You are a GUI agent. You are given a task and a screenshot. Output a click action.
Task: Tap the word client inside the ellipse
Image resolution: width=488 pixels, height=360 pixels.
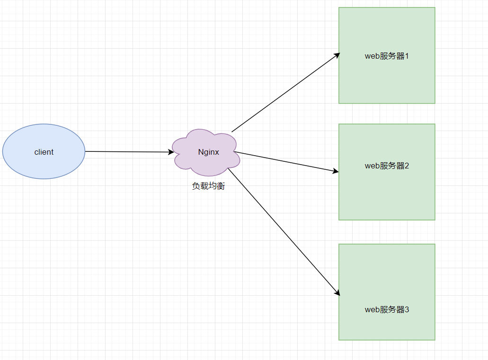click(x=44, y=152)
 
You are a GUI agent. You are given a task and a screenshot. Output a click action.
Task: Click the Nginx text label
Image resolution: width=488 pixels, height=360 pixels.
click(x=209, y=152)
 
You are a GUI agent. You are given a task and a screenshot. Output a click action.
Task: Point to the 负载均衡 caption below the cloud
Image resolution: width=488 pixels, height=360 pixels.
click(x=208, y=186)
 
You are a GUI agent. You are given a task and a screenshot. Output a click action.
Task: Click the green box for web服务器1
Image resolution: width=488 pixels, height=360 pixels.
click(x=387, y=80)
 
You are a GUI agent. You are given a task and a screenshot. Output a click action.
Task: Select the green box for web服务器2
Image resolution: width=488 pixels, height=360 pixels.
click(x=387, y=194)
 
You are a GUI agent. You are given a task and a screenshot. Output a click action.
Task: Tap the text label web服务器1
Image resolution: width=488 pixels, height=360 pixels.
click(x=387, y=56)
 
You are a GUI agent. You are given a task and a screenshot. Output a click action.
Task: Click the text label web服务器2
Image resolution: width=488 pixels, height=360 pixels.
click(x=387, y=166)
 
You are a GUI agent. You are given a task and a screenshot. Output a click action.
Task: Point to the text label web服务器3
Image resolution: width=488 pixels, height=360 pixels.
click(x=387, y=310)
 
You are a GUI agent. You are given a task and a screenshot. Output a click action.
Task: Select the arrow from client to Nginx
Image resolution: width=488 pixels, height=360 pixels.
click(x=128, y=152)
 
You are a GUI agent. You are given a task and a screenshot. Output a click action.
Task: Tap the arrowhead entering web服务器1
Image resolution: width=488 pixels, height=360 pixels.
click(x=337, y=54)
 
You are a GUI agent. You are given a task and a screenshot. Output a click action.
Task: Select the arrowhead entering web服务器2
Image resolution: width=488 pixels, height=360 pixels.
click(x=336, y=171)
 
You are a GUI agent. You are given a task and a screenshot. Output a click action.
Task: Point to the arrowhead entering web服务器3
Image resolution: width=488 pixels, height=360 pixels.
click(x=337, y=293)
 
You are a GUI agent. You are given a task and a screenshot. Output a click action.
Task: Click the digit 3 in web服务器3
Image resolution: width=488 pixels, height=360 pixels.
click(x=407, y=310)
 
